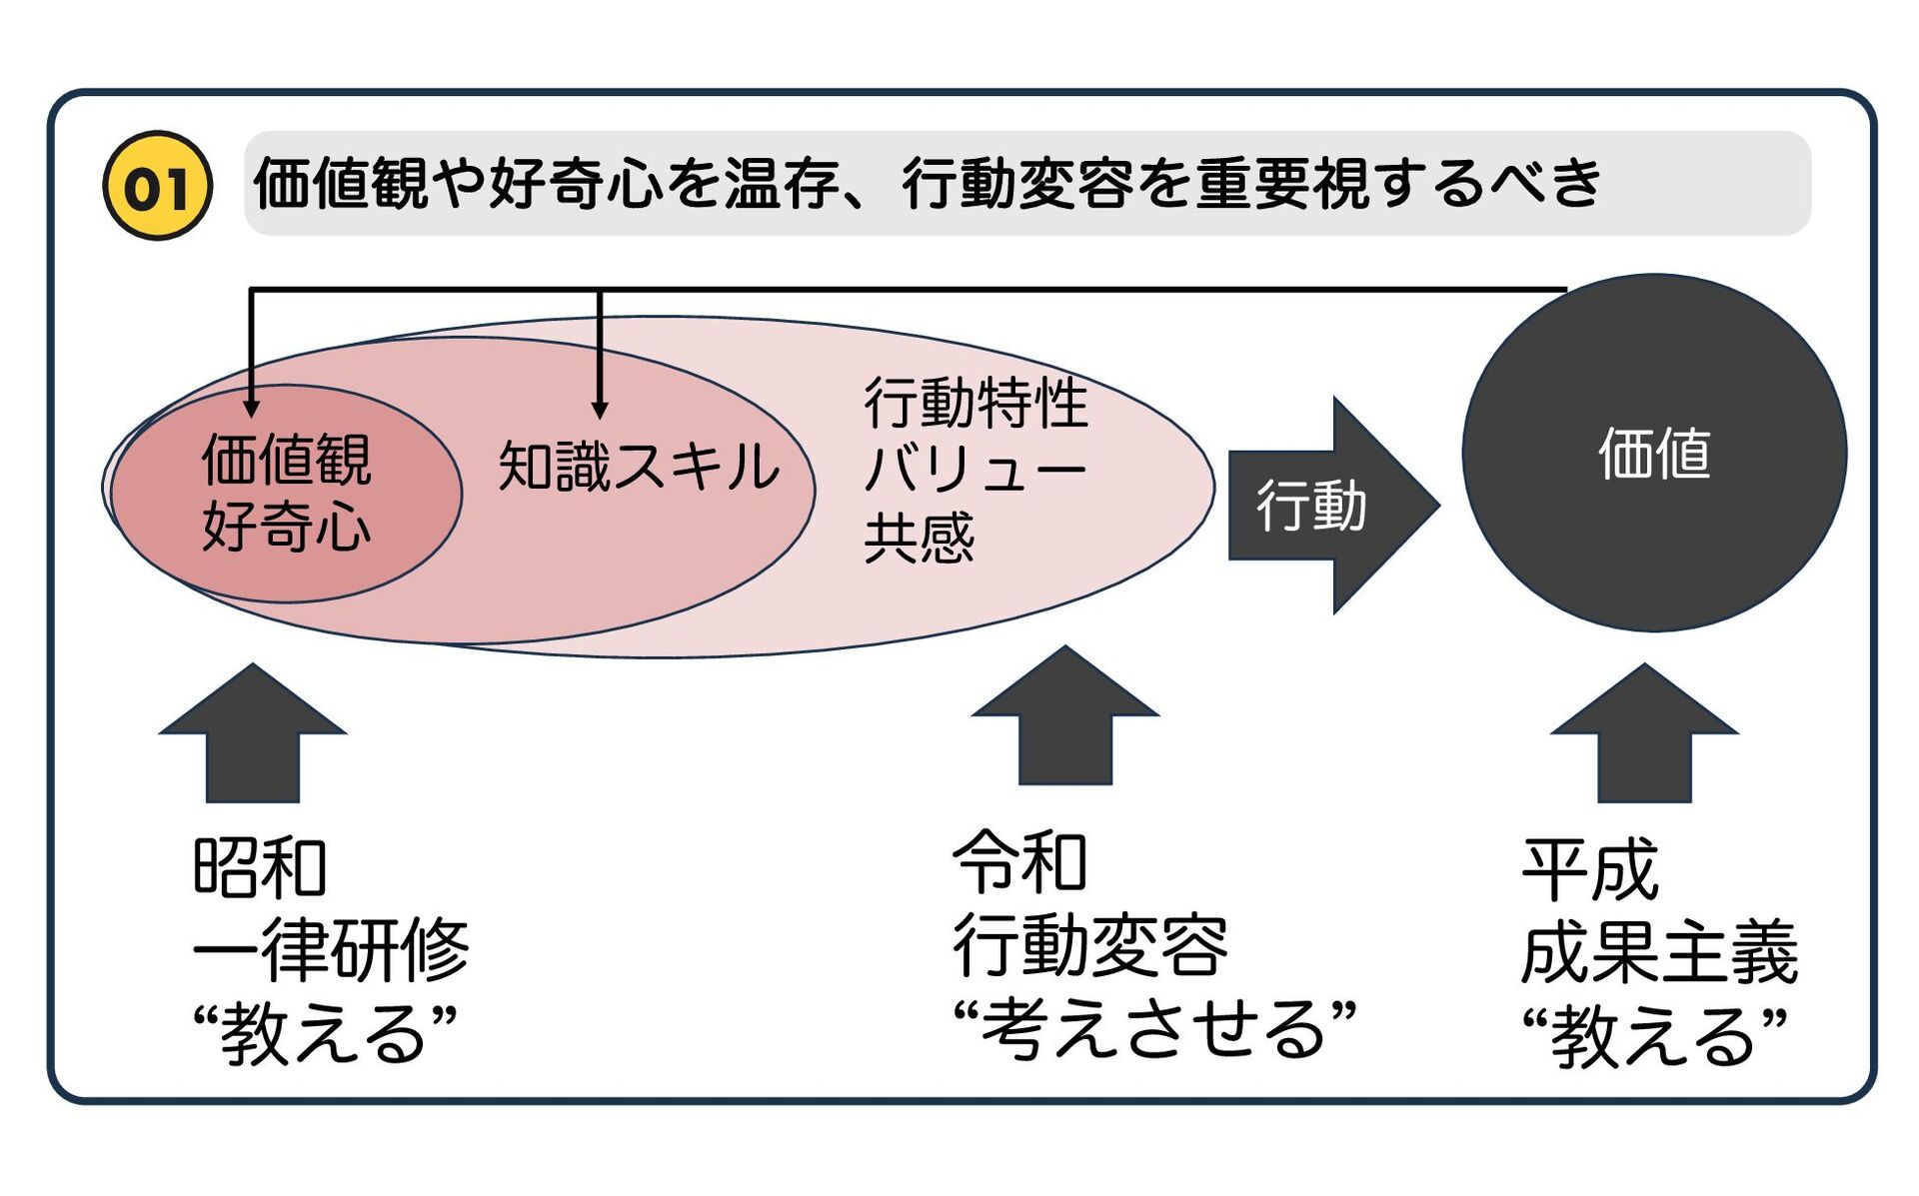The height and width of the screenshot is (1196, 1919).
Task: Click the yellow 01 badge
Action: tap(157, 186)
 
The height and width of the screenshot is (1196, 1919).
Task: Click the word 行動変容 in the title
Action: tap(1017, 184)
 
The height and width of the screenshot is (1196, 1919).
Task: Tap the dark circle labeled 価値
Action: tap(1653, 453)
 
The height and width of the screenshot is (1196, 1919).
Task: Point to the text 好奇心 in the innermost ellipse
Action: tap(286, 527)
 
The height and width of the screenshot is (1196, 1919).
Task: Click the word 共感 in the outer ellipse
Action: tap(919, 539)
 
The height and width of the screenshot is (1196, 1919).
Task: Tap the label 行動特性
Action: tap(975, 404)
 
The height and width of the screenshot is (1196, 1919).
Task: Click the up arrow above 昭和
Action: tap(253, 734)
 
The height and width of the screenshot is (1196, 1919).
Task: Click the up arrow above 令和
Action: tap(1064, 716)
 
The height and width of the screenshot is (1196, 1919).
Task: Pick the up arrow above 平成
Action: tap(1644, 734)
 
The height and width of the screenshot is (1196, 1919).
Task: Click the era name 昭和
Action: tap(260, 867)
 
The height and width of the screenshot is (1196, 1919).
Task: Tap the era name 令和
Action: tap(1019, 862)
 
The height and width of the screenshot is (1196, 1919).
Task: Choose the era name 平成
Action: tap(1589, 870)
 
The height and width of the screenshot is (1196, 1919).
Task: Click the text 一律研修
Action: tap(331, 949)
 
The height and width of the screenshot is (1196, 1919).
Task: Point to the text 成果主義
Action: tap(1659, 953)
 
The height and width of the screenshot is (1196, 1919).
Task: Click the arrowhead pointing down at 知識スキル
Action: tap(600, 410)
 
